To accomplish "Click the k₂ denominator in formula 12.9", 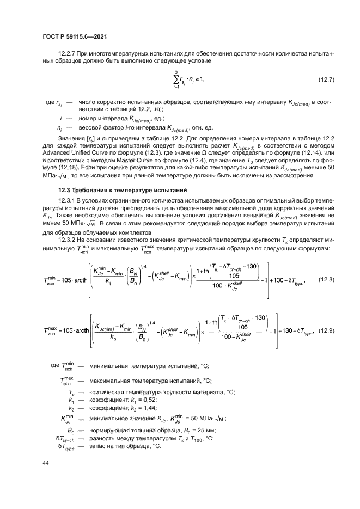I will point(114,336).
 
